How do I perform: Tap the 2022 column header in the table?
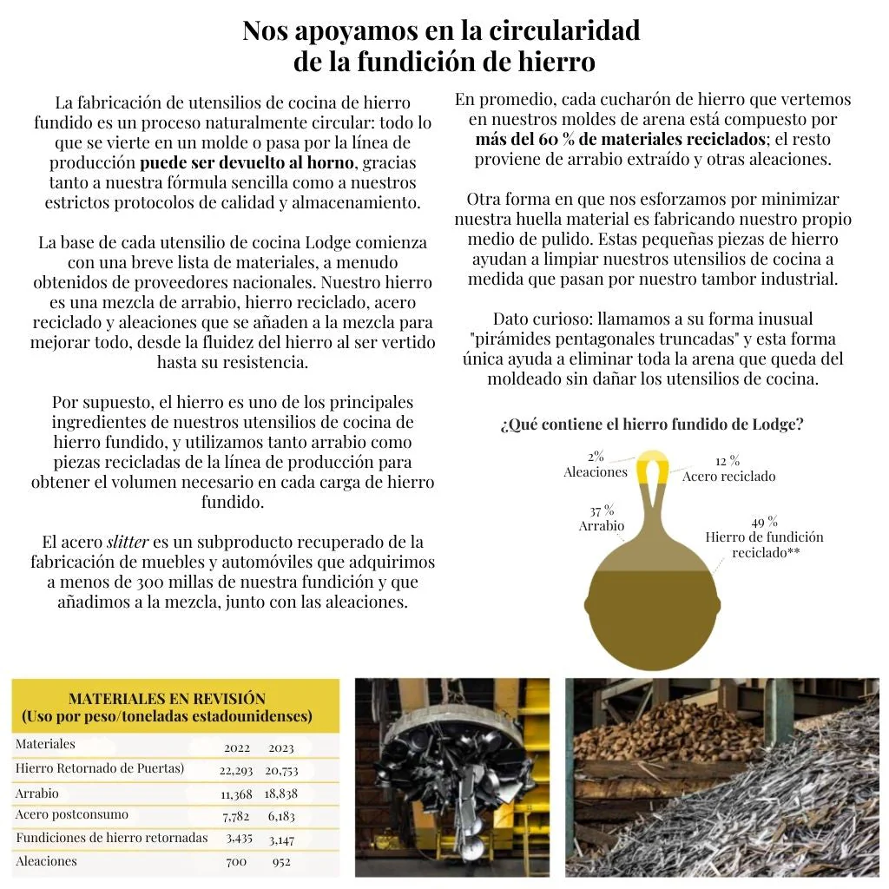tap(237, 747)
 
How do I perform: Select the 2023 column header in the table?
tap(281, 747)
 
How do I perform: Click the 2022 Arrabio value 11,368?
tap(236, 794)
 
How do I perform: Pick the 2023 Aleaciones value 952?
tap(280, 861)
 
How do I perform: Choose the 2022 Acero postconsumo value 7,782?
tap(236, 816)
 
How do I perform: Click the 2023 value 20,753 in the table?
tap(281, 769)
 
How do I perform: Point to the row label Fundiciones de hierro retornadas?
tap(111, 838)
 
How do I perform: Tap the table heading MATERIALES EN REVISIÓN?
tap(167, 698)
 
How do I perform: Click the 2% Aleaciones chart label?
tap(596, 464)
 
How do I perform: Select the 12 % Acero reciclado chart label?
tap(728, 468)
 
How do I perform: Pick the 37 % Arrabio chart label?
tap(602, 518)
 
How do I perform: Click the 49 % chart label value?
tap(764, 522)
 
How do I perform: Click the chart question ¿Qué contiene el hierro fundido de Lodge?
tap(651, 425)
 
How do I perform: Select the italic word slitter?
tap(128, 543)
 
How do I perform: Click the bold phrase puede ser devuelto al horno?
tap(247, 162)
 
